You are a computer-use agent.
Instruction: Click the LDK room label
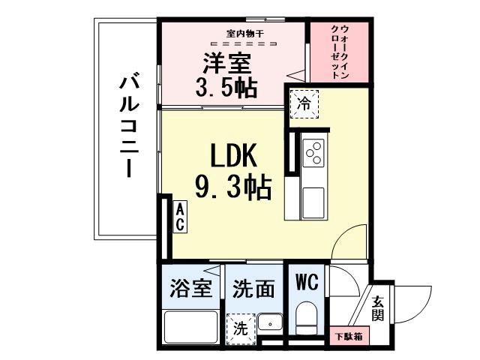[232, 157]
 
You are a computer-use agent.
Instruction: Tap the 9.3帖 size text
[232, 187]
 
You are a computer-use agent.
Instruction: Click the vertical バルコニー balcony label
[129, 124]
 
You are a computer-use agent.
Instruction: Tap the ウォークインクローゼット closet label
[339, 50]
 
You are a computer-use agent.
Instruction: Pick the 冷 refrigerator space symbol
[305, 103]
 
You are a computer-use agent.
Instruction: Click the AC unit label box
[180, 217]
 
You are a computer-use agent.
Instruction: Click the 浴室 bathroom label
[191, 289]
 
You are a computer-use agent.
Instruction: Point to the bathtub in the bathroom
[190, 328]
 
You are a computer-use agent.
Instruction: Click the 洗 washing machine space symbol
[240, 328]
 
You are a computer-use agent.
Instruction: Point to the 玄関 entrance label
[379, 307]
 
